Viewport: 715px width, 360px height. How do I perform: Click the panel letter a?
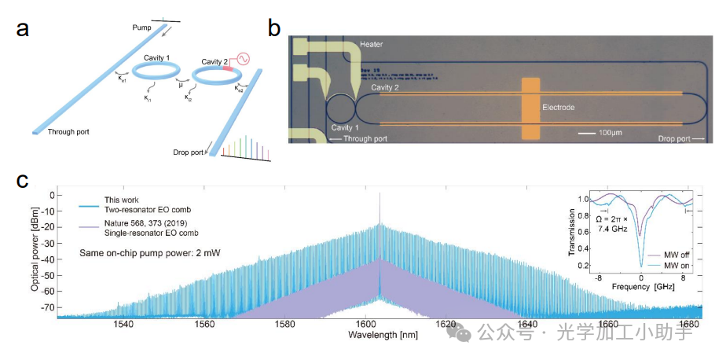pyautogui.click(x=24, y=30)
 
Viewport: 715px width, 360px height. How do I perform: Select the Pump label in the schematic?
pyautogui.click(x=142, y=27)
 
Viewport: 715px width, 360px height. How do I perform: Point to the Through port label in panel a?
pyautogui.click(x=68, y=132)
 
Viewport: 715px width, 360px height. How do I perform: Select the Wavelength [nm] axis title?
pyautogui.click(x=379, y=335)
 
